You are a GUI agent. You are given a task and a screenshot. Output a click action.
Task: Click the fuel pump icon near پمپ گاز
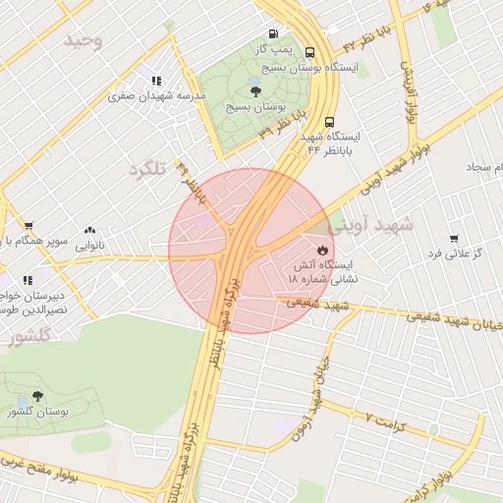pyautogui.click(x=272, y=32)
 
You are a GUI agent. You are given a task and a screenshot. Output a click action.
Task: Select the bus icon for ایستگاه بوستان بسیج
pyautogui.click(x=310, y=53)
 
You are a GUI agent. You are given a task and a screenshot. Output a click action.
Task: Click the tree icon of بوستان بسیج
pyautogui.click(x=255, y=90)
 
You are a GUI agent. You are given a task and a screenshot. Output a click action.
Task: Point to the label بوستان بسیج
pyautogui.click(x=253, y=106)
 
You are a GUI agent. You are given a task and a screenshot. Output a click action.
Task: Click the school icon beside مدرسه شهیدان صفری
pyautogui.click(x=155, y=81)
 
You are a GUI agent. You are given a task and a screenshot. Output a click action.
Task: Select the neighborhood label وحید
pyautogui.click(x=84, y=40)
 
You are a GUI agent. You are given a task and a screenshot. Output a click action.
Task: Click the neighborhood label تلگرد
pyautogui.click(x=147, y=169)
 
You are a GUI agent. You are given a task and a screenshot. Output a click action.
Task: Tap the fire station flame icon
pyautogui.click(x=323, y=250)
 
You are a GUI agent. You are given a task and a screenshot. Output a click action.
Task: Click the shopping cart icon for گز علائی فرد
pyautogui.click(x=453, y=239)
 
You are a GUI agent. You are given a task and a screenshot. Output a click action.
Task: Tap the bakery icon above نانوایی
pyautogui.click(x=89, y=230)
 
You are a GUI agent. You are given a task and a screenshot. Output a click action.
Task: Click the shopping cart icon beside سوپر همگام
pyautogui.click(x=28, y=226)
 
